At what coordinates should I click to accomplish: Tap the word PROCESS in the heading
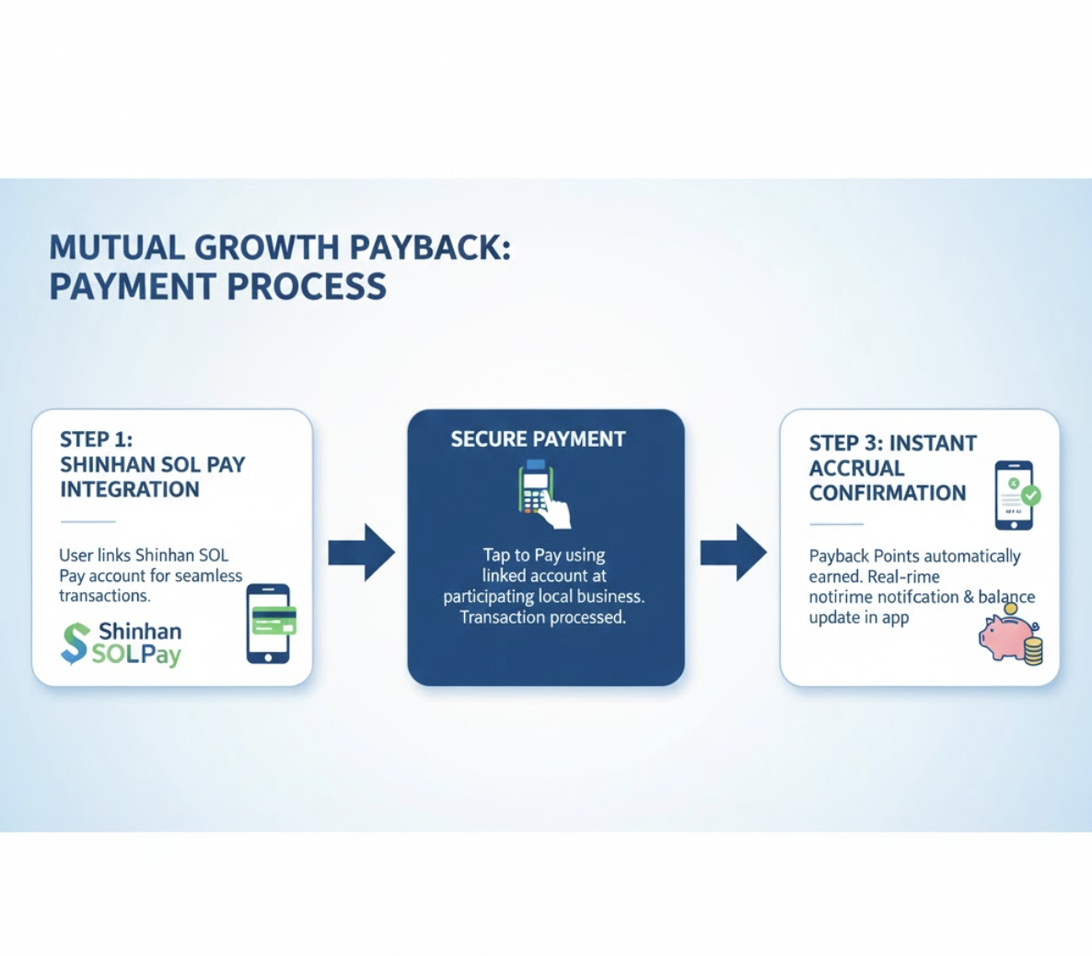(x=307, y=286)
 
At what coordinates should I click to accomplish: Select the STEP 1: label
(x=96, y=439)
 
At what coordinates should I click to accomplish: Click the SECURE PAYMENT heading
(x=538, y=439)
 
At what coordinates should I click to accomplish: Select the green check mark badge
(x=1030, y=495)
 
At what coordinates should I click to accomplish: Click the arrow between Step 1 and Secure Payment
(x=362, y=553)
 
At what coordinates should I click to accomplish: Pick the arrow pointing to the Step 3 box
(x=733, y=553)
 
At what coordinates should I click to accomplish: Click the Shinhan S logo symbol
(x=76, y=643)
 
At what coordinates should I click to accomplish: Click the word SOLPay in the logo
(x=136, y=655)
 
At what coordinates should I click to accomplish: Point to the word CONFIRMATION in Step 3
(x=888, y=494)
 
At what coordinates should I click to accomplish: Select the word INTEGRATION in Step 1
(x=130, y=490)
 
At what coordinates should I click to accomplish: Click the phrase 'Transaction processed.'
(x=543, y=617)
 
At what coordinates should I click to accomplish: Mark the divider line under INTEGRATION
(x=87, y=521)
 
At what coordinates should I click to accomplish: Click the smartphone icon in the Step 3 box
(x=1014, y=495)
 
